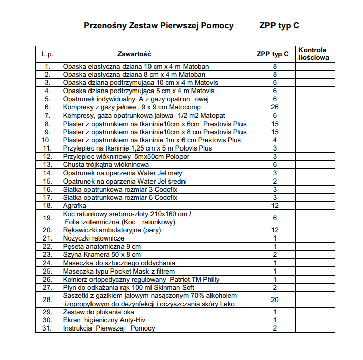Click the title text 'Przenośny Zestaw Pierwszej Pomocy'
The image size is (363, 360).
coord(159,26)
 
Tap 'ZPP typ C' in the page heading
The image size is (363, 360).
coord(279,26)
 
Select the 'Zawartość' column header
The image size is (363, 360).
coord(135,54)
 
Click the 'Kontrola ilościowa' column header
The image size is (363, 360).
coord(314,54)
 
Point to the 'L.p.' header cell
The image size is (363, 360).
coord(47,54)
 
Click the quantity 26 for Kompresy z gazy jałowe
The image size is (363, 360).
coord(275,107)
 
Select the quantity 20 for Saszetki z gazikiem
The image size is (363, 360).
coord(275,299)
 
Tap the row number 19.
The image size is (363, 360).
coord(47,218)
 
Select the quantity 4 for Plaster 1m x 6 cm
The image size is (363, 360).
coord(275,140)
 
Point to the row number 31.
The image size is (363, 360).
coord(47,328)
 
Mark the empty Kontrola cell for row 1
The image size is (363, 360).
coord(314,67)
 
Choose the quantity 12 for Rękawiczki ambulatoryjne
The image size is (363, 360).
coord(275,230)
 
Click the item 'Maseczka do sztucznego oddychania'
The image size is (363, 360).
coord(119,263)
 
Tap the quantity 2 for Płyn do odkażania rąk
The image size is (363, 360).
coord(275,287)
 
